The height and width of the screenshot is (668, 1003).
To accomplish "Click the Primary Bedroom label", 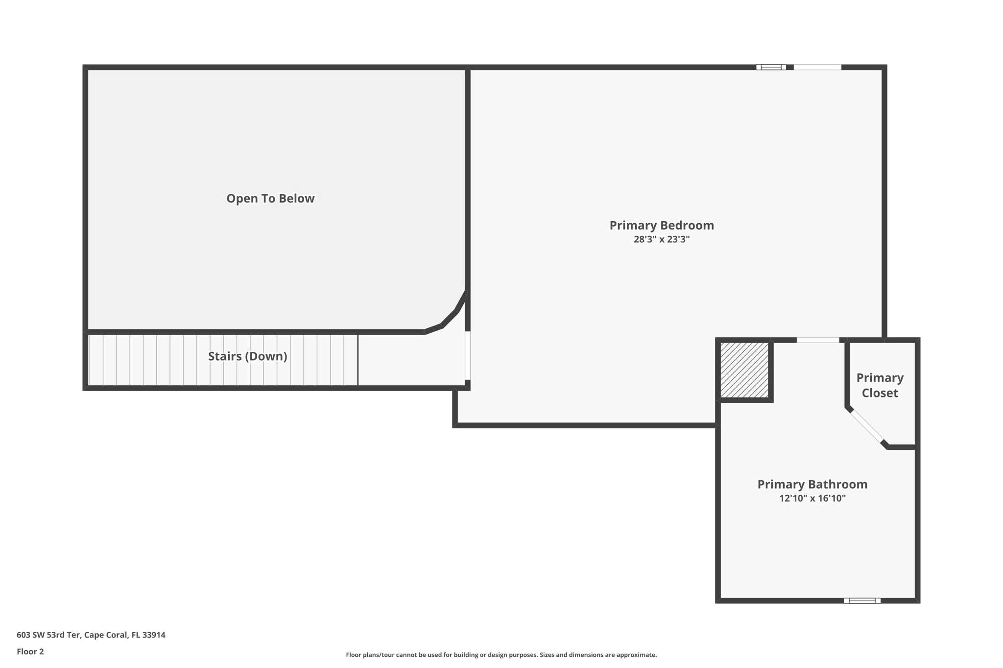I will (x=661, y=226).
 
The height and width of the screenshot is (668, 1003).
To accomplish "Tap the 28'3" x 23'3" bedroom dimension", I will (x=661, y=239).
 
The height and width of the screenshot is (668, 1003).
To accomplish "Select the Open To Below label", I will (x=270, y=199).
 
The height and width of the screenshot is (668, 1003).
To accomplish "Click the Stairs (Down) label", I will (x=247, y=356).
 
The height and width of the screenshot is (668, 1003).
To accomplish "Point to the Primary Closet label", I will (x=880, y=385).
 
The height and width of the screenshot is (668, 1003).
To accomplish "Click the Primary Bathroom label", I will (x=812, y=484).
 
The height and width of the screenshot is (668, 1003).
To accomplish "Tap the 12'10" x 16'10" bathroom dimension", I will (x=812, y=498).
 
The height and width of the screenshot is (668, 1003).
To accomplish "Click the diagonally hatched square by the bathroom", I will (x=744, y=370).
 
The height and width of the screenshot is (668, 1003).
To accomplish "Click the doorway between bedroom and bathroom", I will (x=817, y=340).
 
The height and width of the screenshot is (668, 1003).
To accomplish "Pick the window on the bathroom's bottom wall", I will (x=862, y=600).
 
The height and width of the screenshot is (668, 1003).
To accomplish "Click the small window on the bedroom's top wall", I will (x=771, y=68).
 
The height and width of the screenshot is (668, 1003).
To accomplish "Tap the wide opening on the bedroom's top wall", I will (x=817, y=68).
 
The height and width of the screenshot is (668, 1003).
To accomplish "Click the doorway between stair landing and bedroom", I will (x=468, y=355).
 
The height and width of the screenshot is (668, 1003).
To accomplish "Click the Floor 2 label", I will (x=30, y=652).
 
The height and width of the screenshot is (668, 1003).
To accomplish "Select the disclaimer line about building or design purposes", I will (x=501, y=655).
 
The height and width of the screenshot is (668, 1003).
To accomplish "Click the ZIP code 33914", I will (x=153, y=635).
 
